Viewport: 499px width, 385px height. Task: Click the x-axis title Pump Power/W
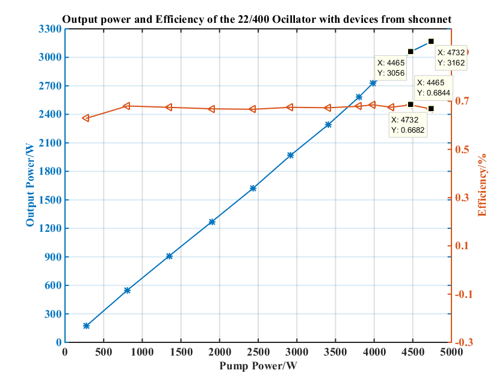pos(258,365)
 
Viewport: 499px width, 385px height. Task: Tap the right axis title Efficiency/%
pos(482,185)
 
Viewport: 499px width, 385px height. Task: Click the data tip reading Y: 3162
pos(451,58)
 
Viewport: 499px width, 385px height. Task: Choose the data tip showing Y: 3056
pos(391,67)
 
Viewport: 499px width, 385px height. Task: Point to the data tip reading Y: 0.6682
pos(408,126)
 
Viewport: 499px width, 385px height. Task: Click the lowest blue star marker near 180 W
pos(86,326)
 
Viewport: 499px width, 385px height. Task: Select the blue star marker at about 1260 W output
pos(212,222)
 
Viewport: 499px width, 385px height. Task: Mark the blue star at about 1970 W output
pos(290,155)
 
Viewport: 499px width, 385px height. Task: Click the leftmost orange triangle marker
pos(86,118)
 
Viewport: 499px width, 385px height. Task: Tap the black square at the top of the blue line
pos(431,41)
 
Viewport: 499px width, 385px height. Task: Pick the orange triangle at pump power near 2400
pos(252,109)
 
